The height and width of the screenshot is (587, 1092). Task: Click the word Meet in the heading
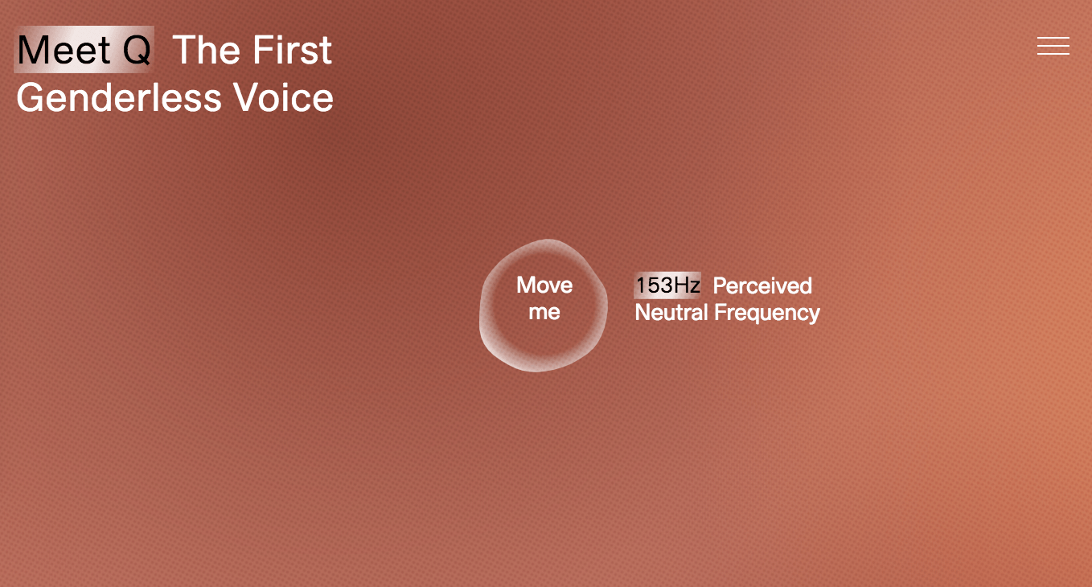click(64, 50)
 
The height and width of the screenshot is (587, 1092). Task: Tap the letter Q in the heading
click(137, 50)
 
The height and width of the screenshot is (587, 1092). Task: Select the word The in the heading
click(206, 50)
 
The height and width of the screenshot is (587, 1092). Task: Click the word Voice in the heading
click(283, 97)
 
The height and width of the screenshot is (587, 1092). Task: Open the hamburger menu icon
click(1053, 46)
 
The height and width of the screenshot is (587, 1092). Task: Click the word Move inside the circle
click(544, 285)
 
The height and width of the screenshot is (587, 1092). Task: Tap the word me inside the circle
click(544, 312)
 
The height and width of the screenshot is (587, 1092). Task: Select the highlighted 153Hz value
click(668, 285)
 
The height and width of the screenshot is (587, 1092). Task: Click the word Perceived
click(762, 285)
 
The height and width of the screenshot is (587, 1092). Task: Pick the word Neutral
click(671, 313)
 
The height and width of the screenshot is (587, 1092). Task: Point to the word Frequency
click(767, 314)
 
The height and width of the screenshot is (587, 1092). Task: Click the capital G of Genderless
click(31, 97)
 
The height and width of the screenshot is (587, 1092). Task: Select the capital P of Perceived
click(720, 285)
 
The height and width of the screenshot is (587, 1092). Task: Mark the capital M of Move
click(526, 285)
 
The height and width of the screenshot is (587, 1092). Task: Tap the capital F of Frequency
click(720, 313)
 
